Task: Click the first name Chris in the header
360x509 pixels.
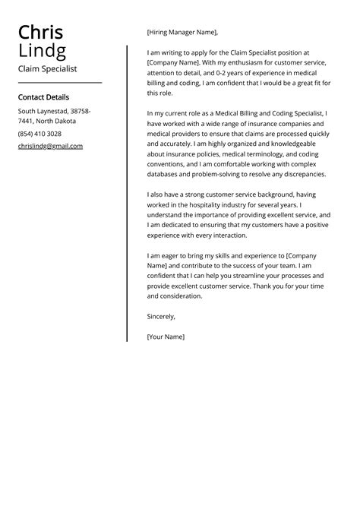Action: [x=40, y=33]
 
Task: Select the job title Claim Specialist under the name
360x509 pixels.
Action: [x=47, y=68]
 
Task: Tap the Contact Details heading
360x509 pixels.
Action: [x=43, y=97]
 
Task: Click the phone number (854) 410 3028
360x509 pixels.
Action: [x=39, y=134]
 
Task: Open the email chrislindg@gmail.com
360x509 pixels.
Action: [x=50, y=146]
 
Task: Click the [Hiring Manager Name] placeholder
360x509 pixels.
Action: [x=182, y=33]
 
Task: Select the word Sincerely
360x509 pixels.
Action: [x=161, y=316]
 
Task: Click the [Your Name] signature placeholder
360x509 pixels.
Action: [x=166, y=336]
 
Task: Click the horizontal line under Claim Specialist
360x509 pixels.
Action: [x=59, y=82]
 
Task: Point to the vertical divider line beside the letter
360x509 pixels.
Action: [x=127, y=190]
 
